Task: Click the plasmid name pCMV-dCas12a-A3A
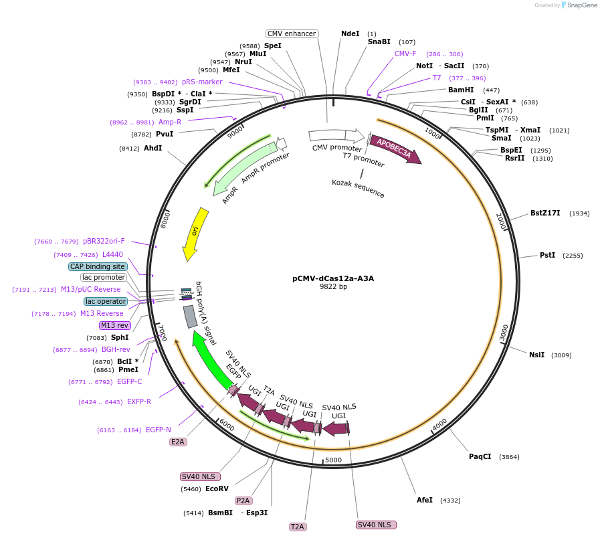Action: pos(333,278)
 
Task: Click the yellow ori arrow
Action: pos(195,234)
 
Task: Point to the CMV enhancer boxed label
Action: pos(292,33)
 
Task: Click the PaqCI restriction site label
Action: pos(480,456)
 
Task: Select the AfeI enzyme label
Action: pos(425,500)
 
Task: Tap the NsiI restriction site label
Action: pos(536,355)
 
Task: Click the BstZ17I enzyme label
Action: pos(545,213)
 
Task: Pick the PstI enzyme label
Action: pos(547,255)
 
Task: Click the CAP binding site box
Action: pos(97,266)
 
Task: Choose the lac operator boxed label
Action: pos(106,301)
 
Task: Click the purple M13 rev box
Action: pos(114,325)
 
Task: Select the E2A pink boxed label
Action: pos(178,442)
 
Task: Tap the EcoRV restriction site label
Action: pos(217,488)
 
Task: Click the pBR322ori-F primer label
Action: pos(104,241)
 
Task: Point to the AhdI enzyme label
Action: pos(153,148)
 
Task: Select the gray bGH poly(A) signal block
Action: pos(190,316)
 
